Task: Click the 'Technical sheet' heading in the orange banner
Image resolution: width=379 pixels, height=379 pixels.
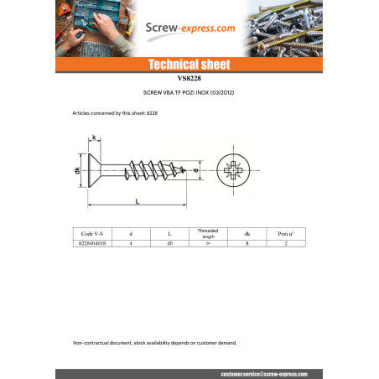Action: click(189, 65)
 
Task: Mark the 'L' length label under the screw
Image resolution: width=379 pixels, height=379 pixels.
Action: click(136, 201)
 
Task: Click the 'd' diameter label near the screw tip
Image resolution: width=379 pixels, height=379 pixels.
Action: click(195, 171)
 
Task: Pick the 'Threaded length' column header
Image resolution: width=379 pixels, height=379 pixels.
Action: click(208, 234)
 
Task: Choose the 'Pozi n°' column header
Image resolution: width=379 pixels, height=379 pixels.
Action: click(286, 234)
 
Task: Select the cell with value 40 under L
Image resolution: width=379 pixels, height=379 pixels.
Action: click(169, 244)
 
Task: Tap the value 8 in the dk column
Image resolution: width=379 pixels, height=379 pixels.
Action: click(247, 244)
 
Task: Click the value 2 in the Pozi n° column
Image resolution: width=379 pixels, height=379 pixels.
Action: click(286, 244)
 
